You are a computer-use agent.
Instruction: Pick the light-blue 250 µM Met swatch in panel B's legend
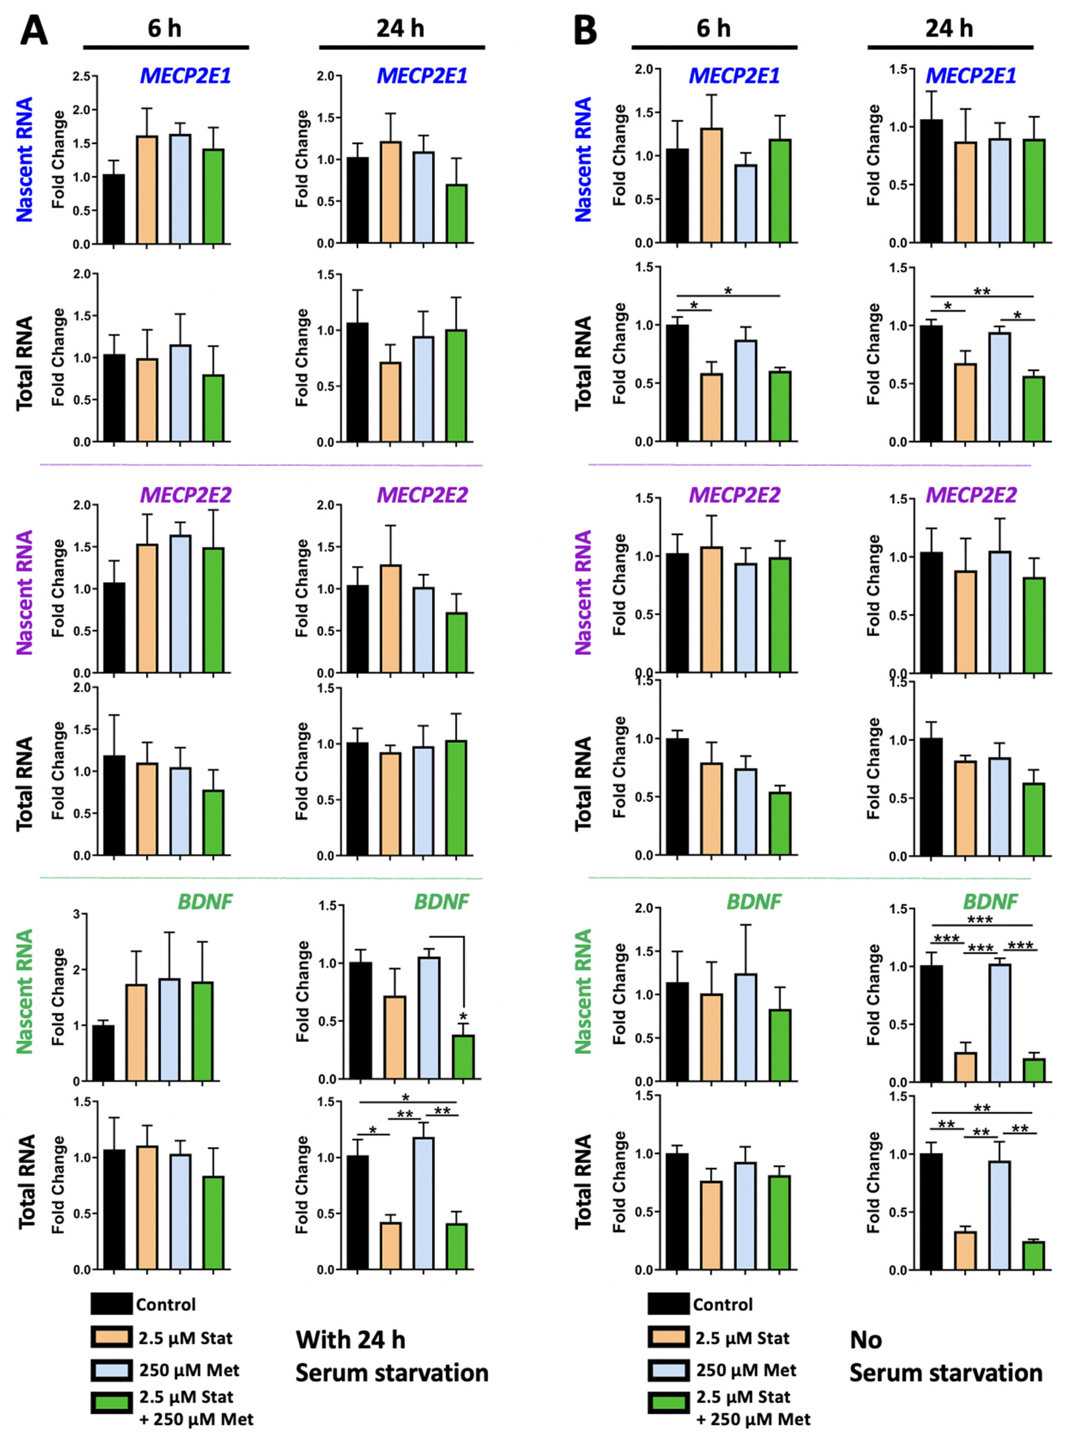pyautogui.click(x=668, y=1369)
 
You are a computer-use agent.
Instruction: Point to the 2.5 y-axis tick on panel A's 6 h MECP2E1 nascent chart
pyautogui.click(x=81, y=76)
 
